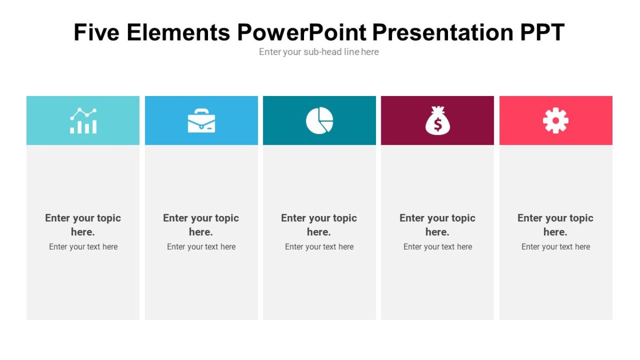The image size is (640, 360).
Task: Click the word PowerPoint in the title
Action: (x=302, y=33)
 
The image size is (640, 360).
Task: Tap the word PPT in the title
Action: (x=541, y=33)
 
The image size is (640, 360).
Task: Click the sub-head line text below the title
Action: (x=319, y=52)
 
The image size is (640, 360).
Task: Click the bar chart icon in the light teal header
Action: (x=83, y=121)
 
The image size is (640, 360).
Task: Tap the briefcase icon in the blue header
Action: (x=201, y=121)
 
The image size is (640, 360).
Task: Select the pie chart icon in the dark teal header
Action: (x=319, y=121)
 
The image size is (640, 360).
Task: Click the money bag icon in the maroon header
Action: (x=437, y=121)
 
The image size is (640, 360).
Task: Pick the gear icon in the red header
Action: (x=556, y=121)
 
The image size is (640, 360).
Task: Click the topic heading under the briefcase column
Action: (x=201, y=225)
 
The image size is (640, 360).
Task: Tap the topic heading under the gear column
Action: (x=555, y=225)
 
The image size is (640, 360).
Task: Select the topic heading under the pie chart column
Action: (x=319, y=225)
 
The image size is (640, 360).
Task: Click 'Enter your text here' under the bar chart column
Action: (x=83, y=246)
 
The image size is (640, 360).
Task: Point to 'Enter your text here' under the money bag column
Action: (x=437, y=246)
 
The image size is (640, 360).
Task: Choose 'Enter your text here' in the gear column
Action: (x=555, y=246)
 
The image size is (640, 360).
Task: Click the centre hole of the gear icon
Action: (x=556, y=121)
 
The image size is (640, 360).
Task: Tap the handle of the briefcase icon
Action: (x=201, y=111)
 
